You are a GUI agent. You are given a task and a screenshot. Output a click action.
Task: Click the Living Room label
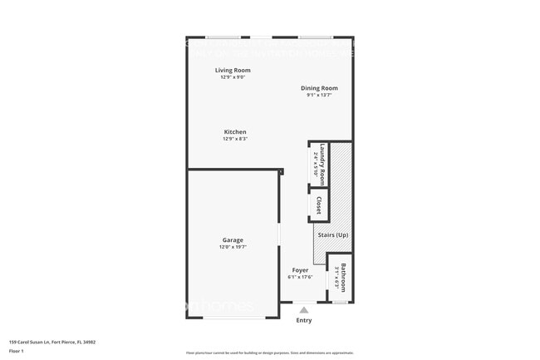click(233, 71)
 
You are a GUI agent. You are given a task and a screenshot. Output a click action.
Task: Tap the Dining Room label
click(319, 88)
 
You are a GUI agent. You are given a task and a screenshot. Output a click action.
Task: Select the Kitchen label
click(235, 132)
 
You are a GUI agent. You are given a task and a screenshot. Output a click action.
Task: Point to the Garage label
click(233, 240)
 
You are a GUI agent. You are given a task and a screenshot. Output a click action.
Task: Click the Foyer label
click(300, 270)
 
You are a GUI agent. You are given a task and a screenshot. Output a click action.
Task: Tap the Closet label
click(319, 205)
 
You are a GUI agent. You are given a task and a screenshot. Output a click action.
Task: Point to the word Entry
click(304, 320)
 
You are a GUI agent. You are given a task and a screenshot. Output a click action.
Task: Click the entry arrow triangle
click(303, 309)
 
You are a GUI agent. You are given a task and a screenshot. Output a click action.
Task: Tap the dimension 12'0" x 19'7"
click(233, 247)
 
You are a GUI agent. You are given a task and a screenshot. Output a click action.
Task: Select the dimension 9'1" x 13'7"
click(319, 95)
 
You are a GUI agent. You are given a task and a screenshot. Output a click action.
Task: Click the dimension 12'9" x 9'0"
click(233, 77)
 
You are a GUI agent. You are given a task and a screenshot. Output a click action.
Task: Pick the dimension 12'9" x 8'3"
click(235, 139)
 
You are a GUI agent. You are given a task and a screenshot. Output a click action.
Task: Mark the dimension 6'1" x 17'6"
click(300, 277)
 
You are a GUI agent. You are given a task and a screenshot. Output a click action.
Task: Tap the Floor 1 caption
click(17, 351)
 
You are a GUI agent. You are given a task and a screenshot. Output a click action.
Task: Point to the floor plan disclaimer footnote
click(269, 353)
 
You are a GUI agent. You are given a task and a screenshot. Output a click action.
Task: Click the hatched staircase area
click(341, 191)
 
